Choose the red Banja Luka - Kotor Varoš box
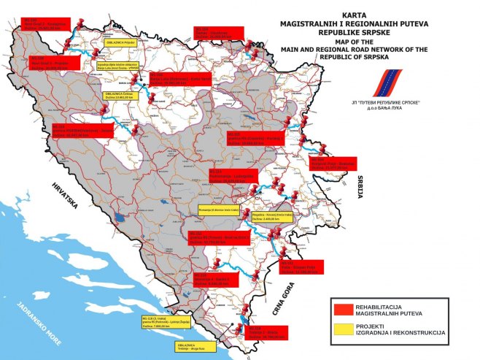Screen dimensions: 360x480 click(179, 80)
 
